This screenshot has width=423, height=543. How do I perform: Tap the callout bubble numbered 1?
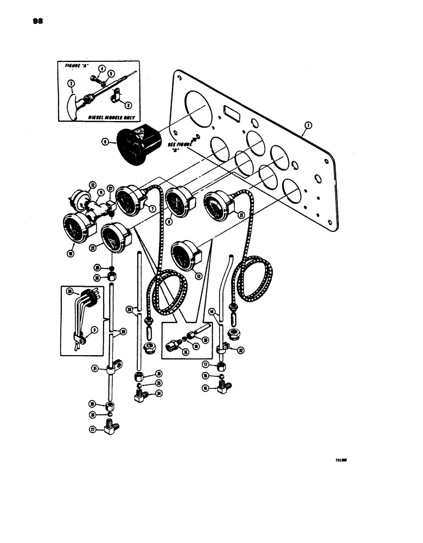tap(307, 125)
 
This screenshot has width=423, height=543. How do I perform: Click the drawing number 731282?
tap(340, 459)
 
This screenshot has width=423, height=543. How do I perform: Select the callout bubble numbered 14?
tap(213, 312)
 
